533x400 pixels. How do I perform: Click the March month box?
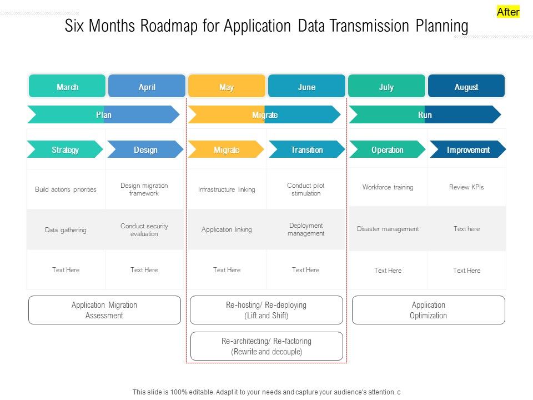coord(67,87)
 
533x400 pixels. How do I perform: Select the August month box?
coord(466,87)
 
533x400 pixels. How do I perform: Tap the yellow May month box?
coord(227,87)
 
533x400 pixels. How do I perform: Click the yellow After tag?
coord(508,12)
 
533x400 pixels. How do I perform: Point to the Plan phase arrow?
coord(104,114)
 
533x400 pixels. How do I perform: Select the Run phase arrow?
coord(425,114)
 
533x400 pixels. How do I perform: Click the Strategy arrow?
coord(65,149)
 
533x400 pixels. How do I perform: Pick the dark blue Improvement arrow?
coord(468,149)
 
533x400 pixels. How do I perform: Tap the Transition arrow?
coord(306,149)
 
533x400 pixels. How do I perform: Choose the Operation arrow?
coord(387,149)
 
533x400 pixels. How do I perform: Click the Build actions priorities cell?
coord(66,189)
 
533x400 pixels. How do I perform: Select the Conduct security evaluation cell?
coord(144,230)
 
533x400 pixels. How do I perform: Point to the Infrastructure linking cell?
coord(227,189)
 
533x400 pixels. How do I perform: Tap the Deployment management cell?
coord(306,229)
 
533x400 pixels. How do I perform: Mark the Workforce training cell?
coord(388,187)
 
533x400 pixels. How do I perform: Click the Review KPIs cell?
coord(466,187)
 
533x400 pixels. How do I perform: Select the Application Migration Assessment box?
coord(104,310)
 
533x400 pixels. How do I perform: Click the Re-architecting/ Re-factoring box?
coord(266,346)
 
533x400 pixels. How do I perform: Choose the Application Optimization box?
coord(429,310)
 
